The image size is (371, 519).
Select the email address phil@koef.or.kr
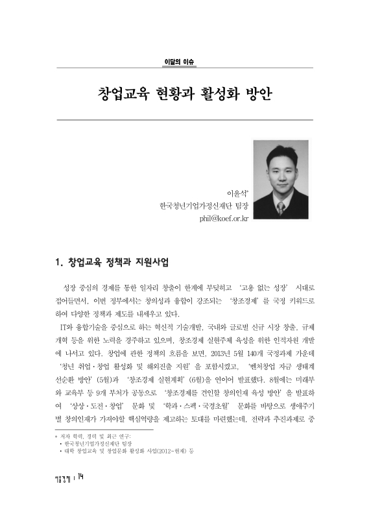(x=229, y=219)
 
